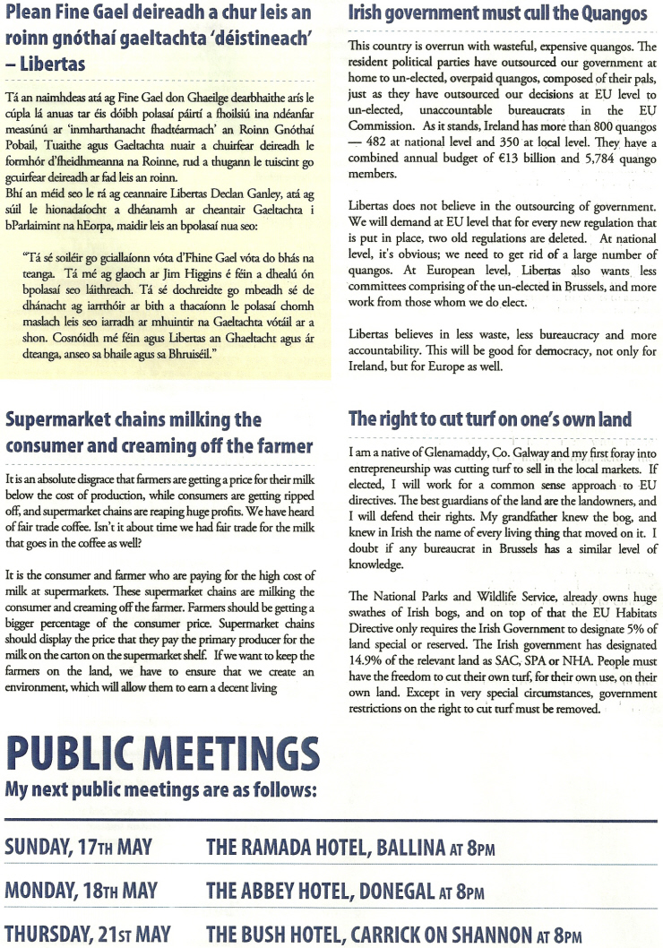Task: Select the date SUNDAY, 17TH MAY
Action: coord(79,847)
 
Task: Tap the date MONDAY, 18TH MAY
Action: coord(81,891)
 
